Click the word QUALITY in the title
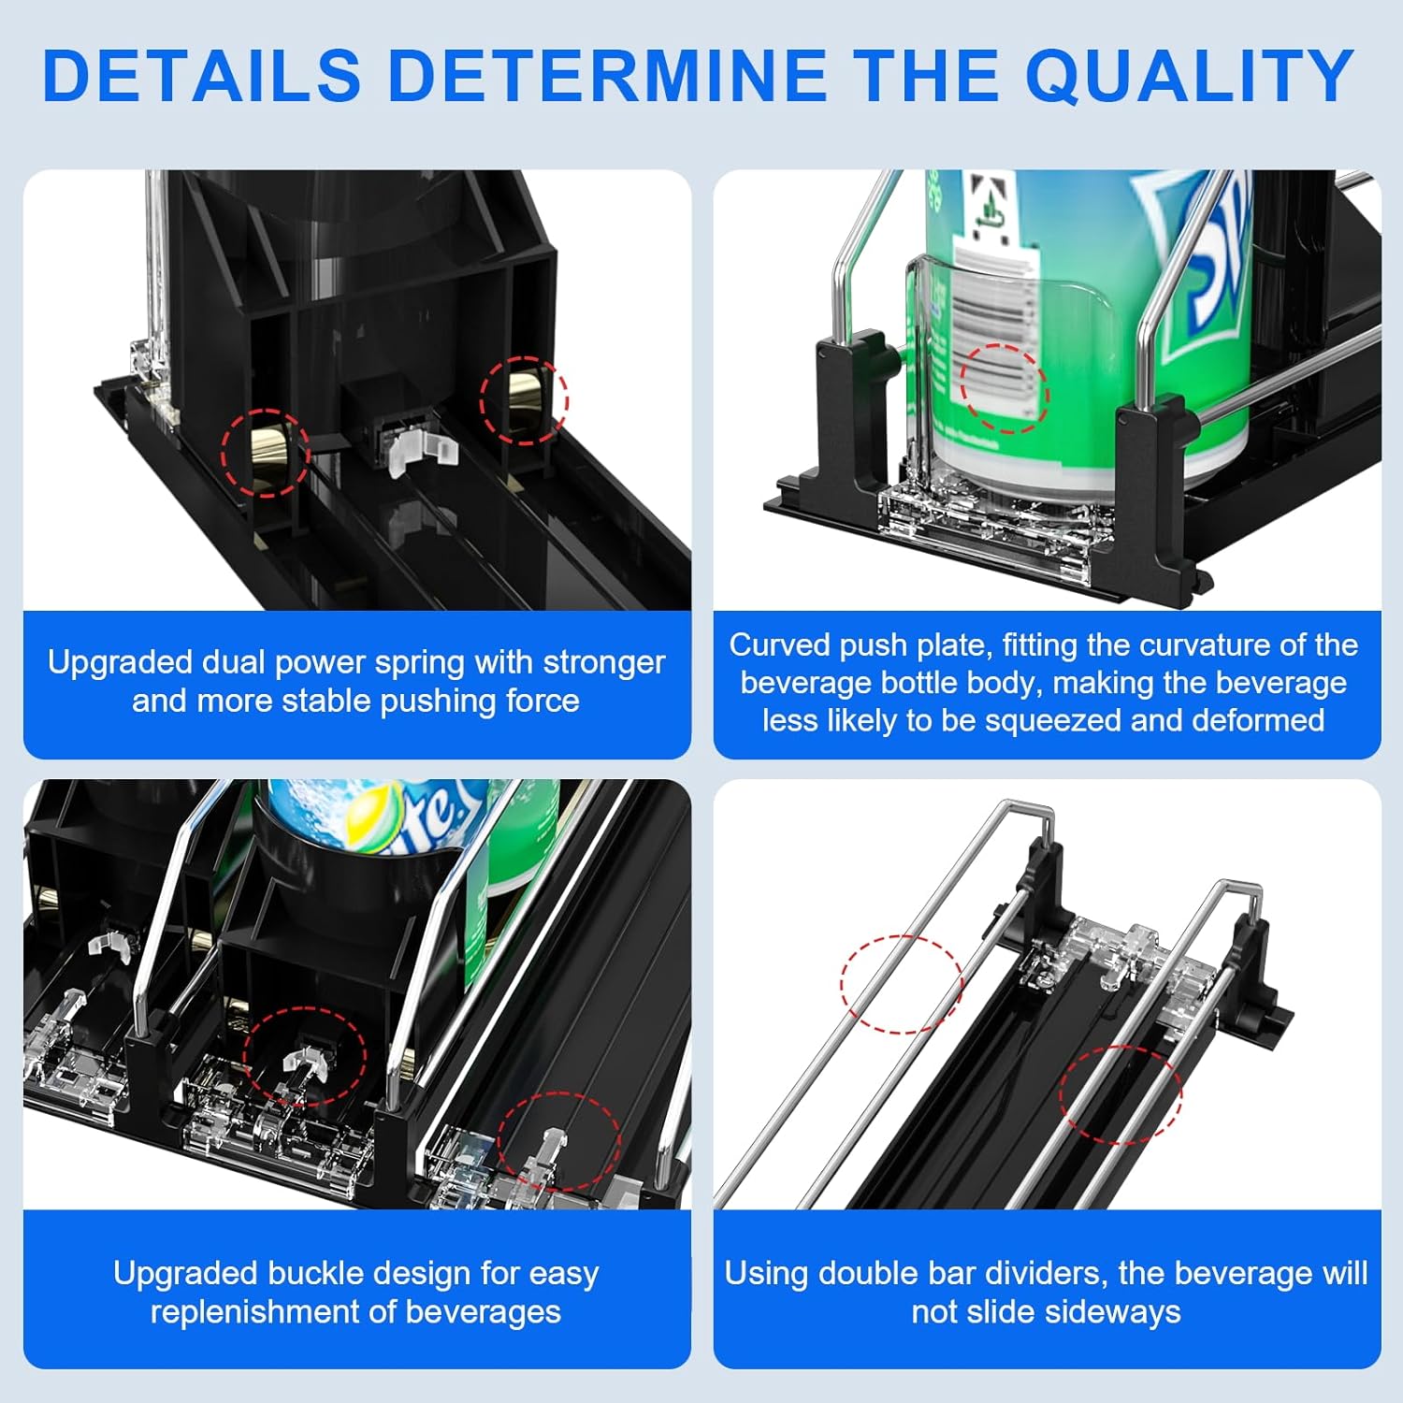[x=1190, y=76]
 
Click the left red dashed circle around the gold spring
[x=266, y=452]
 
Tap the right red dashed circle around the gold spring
[x=524, y=399]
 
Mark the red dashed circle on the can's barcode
[x=1005, y=388]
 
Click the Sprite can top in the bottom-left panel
[x=374, y=816]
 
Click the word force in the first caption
[x=542, y=701]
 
